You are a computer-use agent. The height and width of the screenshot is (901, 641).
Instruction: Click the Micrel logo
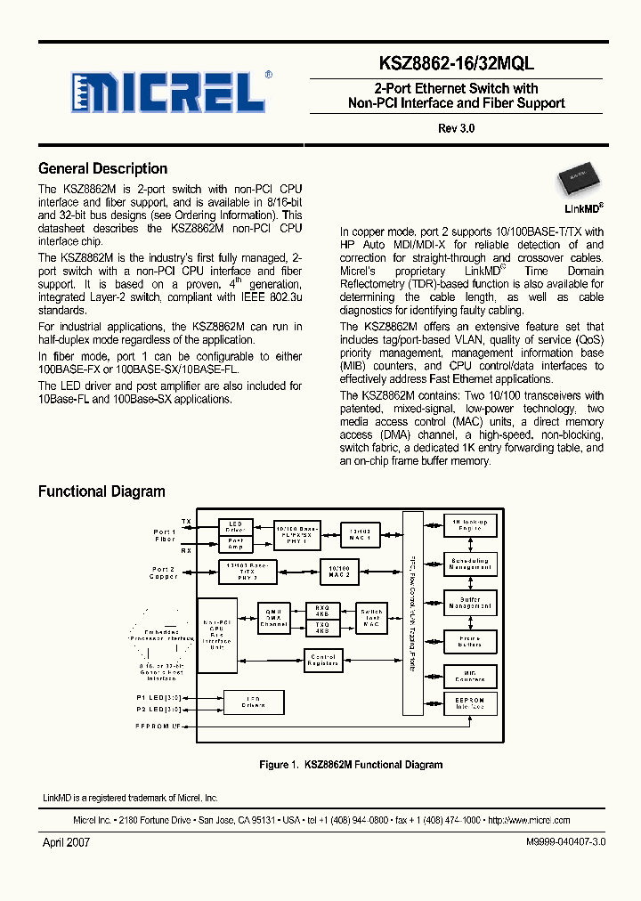click(170, 92)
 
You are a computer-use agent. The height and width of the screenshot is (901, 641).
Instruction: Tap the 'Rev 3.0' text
click(457, 128)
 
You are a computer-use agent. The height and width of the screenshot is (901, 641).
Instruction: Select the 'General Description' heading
click(102, 168)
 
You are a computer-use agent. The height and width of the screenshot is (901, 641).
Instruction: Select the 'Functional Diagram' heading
click(101, 491)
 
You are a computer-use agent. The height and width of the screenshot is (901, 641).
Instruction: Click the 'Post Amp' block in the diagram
click(235, 543)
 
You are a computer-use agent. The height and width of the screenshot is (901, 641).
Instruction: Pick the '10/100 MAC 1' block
click(360, 534)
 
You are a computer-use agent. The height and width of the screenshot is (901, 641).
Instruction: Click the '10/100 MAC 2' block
click(339, 571)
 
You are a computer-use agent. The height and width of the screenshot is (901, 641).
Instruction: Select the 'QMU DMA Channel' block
click(273, 618)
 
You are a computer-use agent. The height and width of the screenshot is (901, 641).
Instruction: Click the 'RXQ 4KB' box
click(321, 610)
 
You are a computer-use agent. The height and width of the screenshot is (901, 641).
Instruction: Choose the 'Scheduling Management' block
click(470, 564)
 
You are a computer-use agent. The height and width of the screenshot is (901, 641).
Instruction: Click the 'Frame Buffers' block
click(470, 640)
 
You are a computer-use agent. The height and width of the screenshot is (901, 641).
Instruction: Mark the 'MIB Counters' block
click(470, 676)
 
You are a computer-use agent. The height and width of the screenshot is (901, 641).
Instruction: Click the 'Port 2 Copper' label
click(164, 572)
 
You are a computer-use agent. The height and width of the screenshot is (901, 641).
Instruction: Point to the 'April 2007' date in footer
click(67, 841)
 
